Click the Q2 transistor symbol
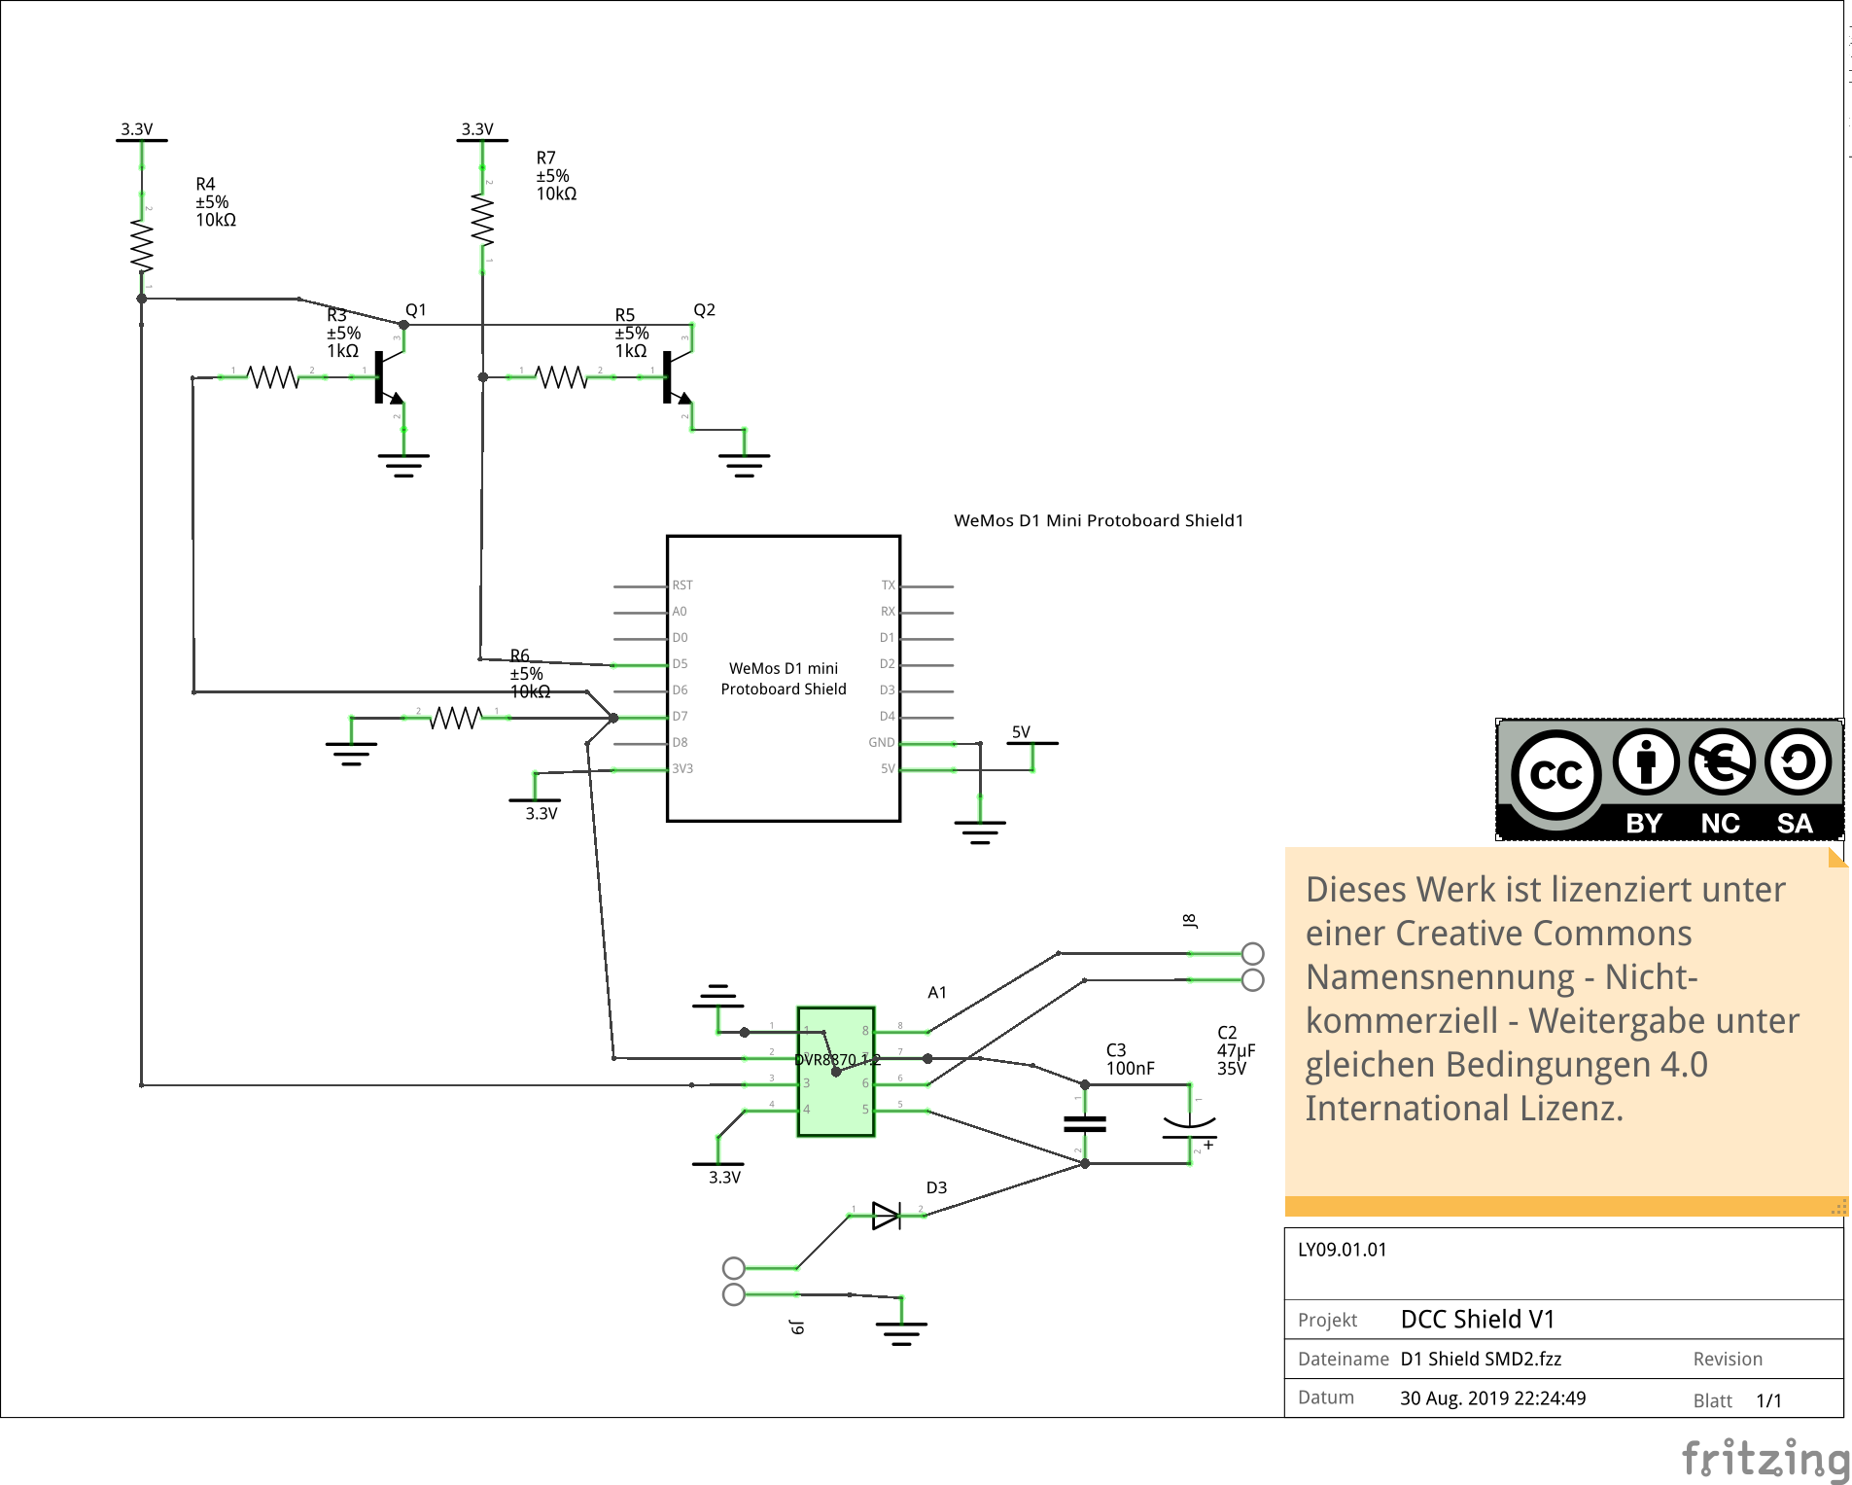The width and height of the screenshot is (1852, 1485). [676, 377]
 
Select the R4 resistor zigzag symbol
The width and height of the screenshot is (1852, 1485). [142, 246]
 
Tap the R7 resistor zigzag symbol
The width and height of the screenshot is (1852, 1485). [482, 220]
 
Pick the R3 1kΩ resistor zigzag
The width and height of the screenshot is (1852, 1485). [273, 376]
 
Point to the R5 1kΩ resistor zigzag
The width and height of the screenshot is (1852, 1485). [561, 376]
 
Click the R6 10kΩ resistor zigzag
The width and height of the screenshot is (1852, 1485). [456, 718]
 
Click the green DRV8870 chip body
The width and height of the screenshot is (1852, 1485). [836, 1071]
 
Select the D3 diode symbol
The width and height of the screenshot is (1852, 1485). [887, 1216]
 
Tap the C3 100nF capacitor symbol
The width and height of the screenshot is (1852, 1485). [1085, 1123]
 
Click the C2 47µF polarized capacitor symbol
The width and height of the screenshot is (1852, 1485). [1190, 1123]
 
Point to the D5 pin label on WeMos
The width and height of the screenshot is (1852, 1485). [680, 664]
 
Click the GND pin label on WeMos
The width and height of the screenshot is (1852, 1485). [881, 742]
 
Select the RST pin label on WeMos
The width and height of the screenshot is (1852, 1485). [681, 585]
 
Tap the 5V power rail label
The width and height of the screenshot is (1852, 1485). [1021, 732]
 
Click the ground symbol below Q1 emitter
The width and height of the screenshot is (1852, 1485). [403, 465]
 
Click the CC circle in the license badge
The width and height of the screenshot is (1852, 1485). [1555, 775]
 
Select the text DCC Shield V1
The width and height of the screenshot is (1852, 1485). [1477, 1319]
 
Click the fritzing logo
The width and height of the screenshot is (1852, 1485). [1765, 1459]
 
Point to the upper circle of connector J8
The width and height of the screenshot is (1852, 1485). [1252, 953]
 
